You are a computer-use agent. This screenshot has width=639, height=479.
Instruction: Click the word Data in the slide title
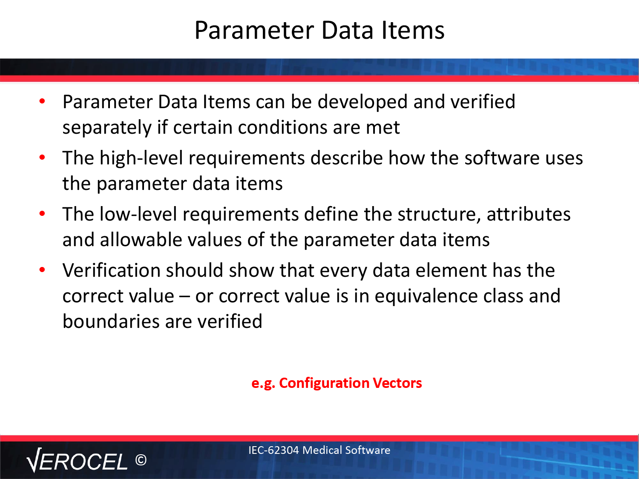347,30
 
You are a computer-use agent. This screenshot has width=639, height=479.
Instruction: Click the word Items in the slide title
413,30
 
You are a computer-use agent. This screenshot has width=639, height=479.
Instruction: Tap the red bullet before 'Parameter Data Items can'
42,101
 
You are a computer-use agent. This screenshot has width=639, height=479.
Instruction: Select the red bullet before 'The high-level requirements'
42,158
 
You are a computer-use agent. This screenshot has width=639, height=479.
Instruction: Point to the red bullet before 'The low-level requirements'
42,214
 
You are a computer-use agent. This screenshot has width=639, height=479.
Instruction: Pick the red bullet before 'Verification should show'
42,270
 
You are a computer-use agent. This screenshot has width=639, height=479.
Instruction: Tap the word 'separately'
107,128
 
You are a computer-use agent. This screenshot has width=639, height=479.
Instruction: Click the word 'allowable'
141,240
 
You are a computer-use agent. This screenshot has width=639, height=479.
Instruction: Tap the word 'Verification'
112,270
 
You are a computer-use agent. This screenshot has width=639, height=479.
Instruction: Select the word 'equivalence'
426,296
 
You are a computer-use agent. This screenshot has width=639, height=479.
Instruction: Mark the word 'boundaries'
111,321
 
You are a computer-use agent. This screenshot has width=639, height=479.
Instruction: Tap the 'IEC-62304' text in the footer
273,450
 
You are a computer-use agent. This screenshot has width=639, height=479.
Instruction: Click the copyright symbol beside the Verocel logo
141,460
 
